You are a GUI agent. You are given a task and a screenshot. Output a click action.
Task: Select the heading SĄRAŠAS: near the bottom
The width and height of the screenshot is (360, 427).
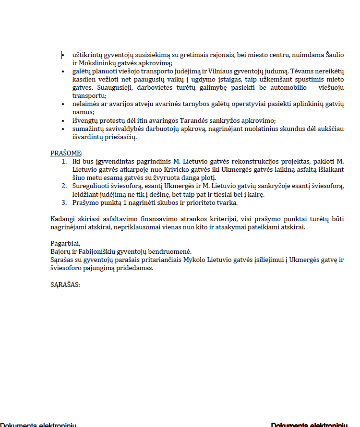pyautogui.click(x=65, y=284)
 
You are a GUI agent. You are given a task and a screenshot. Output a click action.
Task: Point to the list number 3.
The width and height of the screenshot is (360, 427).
pyautogui.click(x=64, y=202)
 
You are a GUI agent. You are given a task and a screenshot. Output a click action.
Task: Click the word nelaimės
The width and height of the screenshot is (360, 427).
pyautogui.click(x=84, y=104)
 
